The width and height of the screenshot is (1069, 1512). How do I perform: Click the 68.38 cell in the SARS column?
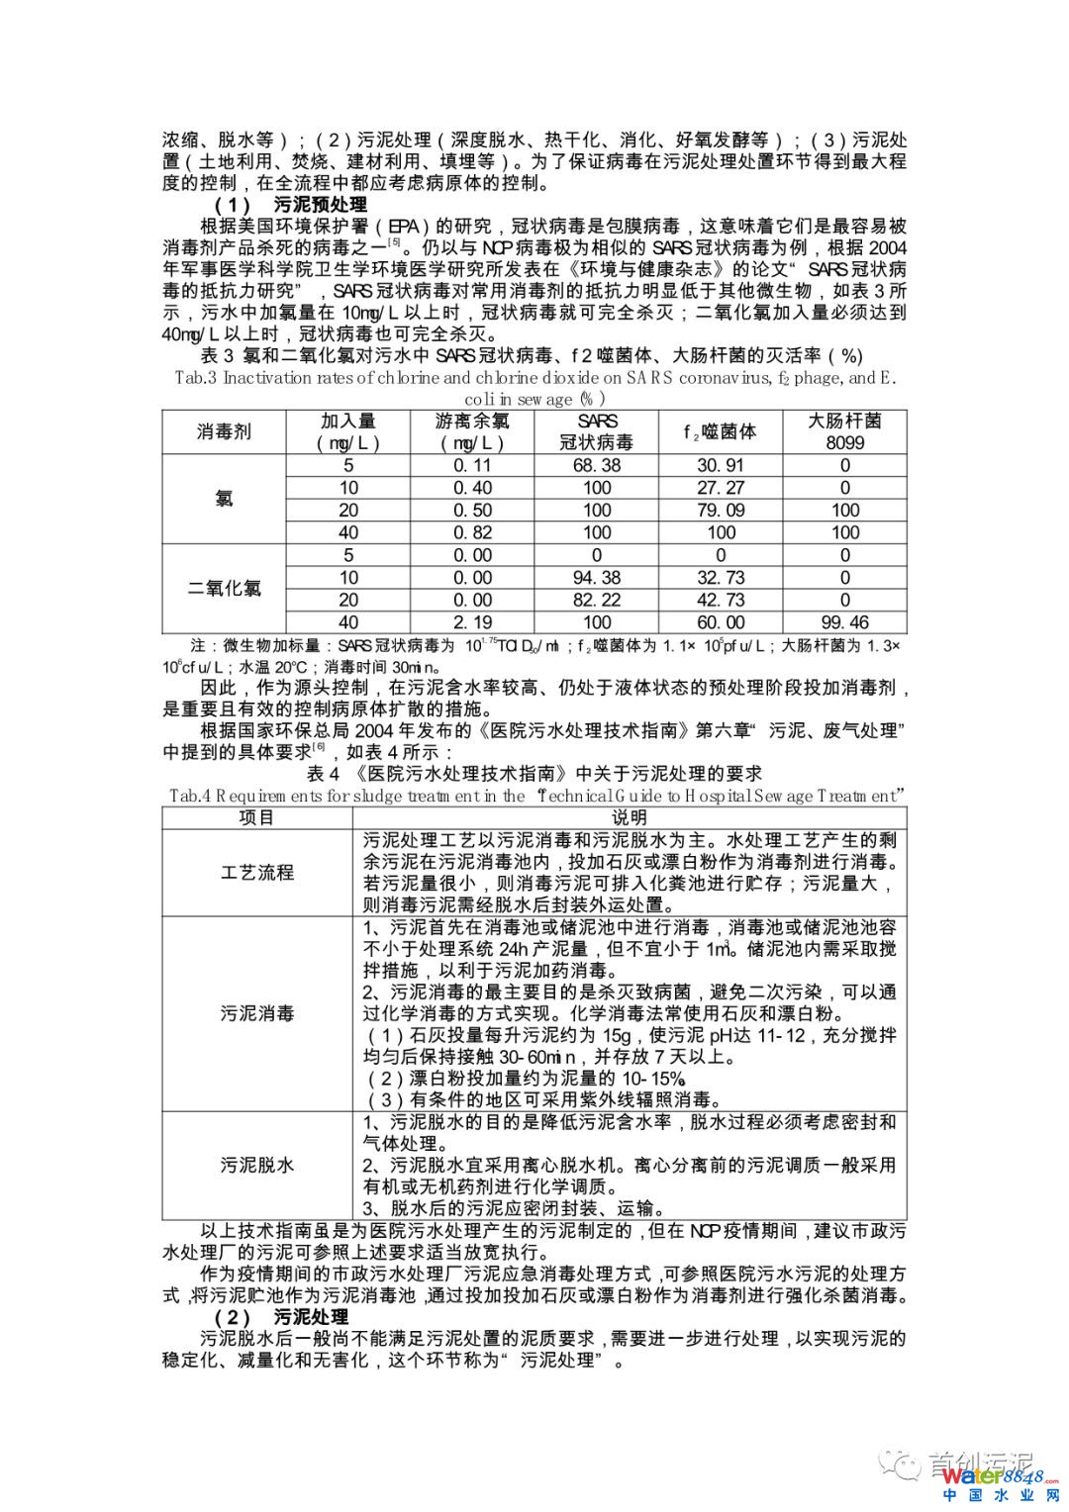(596, 465)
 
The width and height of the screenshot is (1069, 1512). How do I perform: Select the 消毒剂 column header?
(224, 431)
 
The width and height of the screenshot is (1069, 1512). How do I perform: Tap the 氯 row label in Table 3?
(224, 499)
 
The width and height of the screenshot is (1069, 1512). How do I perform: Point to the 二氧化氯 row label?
(224, 588)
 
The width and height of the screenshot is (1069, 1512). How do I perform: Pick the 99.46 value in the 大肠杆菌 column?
(844, 622)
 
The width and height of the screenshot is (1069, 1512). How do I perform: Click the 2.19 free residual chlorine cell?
(472, 622)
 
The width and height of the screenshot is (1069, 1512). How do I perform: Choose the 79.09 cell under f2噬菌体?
(721, 511)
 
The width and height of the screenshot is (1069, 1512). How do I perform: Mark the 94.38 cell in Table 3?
(596, 578)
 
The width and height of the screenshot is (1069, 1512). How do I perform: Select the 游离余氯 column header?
(472, 431)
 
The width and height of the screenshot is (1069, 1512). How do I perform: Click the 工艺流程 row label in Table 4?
(256, 872)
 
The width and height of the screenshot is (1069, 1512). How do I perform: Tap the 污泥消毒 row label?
(256, 1013)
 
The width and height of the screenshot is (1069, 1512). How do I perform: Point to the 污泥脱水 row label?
(256, 1165)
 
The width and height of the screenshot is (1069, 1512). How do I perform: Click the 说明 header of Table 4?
(629, 817)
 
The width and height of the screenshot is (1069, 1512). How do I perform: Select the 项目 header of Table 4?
(256, 817)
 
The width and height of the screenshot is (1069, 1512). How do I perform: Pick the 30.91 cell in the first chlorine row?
(721, 465)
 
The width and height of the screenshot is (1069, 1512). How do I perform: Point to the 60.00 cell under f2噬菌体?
(721, 622)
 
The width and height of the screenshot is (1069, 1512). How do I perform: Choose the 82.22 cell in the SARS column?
(596, 600)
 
